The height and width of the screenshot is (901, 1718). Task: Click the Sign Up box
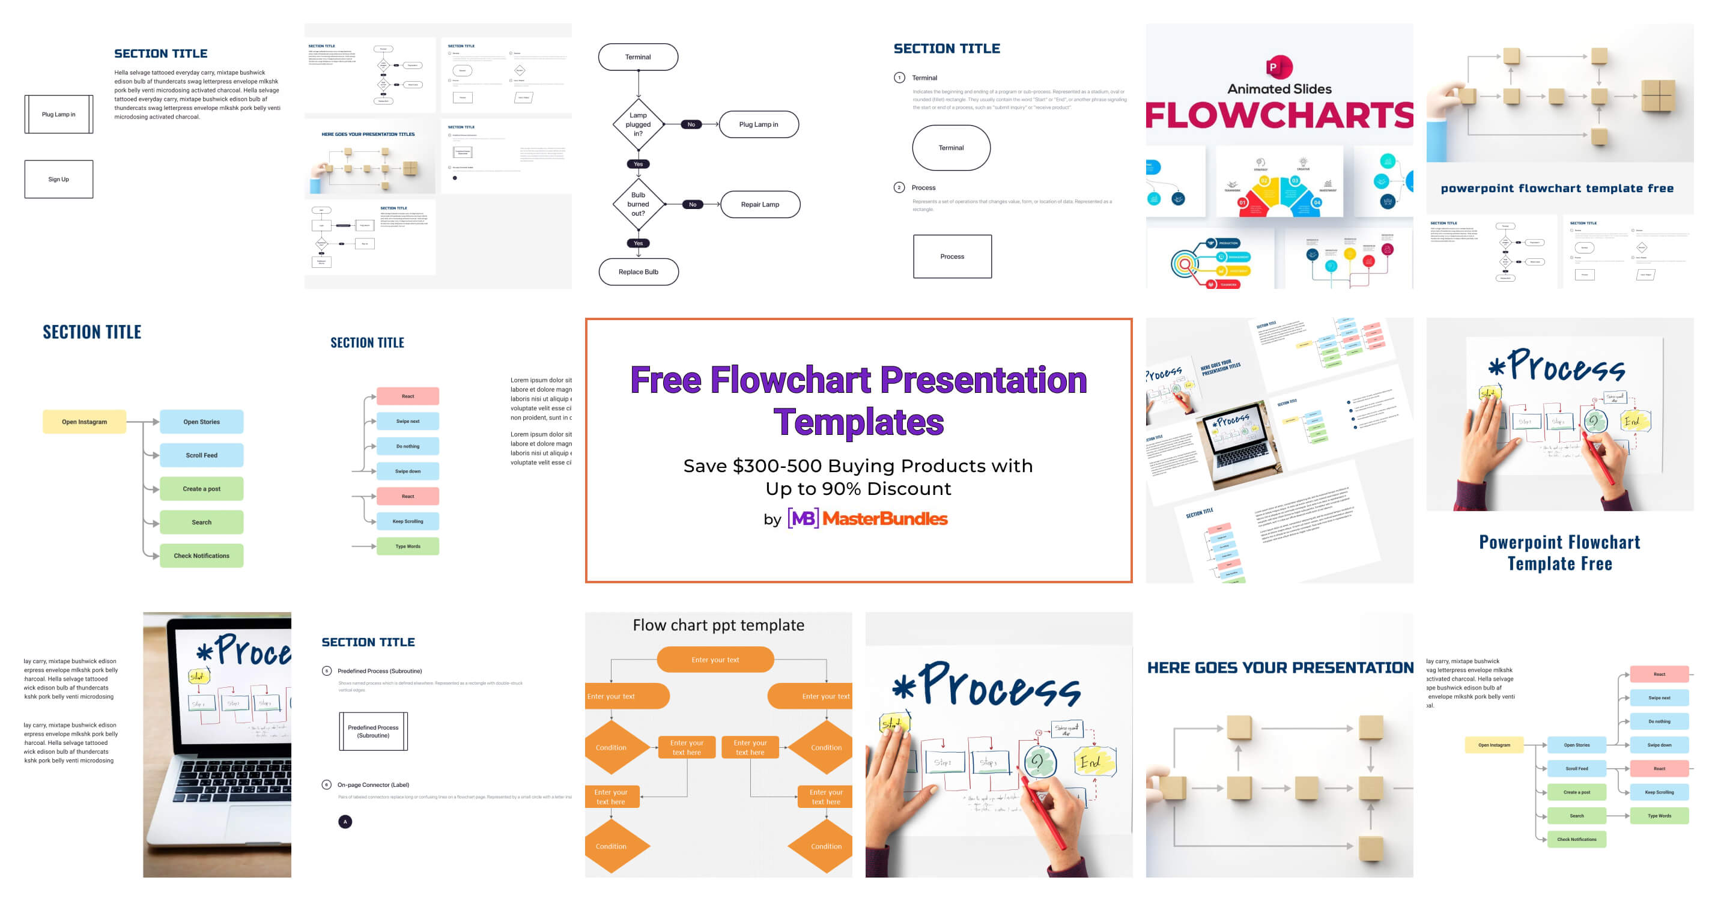59,180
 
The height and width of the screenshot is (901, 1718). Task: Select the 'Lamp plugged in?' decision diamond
639,125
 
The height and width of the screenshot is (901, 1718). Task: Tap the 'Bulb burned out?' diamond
639,204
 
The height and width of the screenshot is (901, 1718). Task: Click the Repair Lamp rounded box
760,204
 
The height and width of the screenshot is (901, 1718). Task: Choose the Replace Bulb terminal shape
639,272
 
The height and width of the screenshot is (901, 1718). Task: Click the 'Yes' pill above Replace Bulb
639,243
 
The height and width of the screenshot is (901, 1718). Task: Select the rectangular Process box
952,256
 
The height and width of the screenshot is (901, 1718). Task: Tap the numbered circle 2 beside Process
899,187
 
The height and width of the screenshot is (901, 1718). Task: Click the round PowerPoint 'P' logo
1278,67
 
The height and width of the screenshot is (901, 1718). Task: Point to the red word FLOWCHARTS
1279,115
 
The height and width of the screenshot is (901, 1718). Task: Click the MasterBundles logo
867,518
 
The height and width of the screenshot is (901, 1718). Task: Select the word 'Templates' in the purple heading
858,423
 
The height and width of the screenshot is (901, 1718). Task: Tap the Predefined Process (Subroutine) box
373,732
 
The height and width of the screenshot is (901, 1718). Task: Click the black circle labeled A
345,822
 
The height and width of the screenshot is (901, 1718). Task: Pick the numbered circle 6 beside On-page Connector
326,785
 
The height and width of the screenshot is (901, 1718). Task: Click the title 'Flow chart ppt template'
718,625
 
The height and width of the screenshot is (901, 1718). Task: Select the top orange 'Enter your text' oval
715,660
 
